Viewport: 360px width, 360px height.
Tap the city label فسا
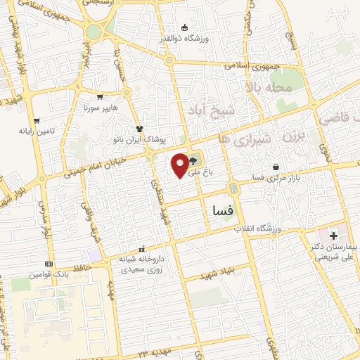pyautogui.click(x=222, y=209)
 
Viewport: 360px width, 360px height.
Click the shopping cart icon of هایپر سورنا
pyautogui.click(x=101, y=98)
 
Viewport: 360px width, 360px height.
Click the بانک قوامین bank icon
pyautogui.click(x=48, y=264)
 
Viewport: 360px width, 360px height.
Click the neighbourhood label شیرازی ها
pyautogui.click(x=244, y=137)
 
